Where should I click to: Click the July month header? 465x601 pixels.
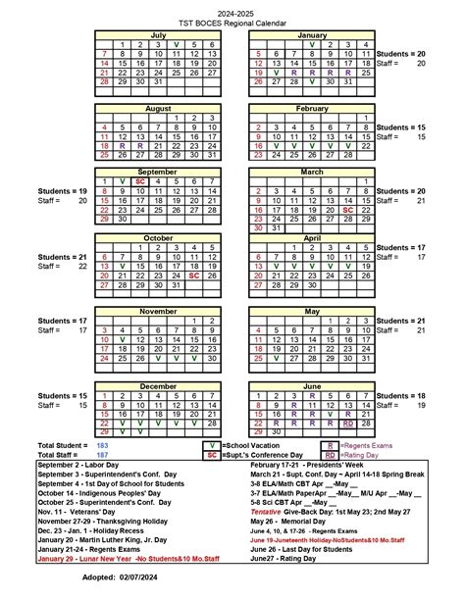(x=158, y=34)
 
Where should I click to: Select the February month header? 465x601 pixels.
(x=312, y=108)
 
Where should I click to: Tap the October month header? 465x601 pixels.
(x=158, y=237)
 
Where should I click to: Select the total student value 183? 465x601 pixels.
(x=103, y=445)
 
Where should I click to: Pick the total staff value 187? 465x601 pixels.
(x=103, y=456)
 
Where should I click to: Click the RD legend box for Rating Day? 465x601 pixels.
(x=331, y=456)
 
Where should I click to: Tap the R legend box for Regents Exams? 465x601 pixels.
(x=331, y=445)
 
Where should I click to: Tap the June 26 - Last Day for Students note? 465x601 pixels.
(x=314, y=551)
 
